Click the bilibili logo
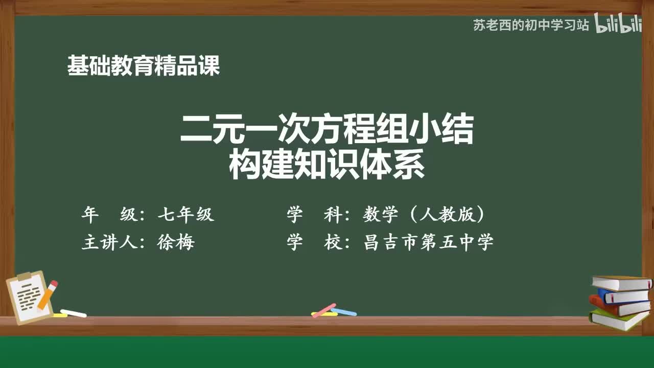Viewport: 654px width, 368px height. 618,25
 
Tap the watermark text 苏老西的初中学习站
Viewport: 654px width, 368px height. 531,25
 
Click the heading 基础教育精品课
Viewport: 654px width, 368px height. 144,66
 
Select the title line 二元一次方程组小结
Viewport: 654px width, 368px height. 327,130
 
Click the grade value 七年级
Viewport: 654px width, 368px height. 185,215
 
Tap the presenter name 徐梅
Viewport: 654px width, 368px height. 176,242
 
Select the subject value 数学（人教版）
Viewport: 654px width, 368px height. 424,215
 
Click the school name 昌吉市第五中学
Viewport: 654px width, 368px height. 428,242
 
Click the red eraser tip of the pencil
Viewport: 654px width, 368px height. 54,283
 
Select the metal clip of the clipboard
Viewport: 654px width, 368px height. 24,276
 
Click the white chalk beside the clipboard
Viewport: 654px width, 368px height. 73,313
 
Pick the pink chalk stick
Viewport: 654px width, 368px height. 324,310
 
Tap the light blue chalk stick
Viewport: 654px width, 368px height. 343,311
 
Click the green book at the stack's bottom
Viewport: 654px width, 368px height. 618,320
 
